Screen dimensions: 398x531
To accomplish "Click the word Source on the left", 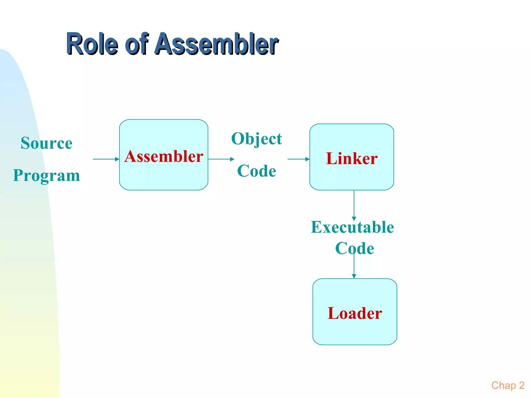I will [47, 143].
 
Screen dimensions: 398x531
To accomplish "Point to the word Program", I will [47, 175].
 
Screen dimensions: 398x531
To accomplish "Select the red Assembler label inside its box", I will [164, 156].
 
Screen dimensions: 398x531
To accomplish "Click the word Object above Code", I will [256, 139].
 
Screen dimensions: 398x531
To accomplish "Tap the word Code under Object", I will [256, 171].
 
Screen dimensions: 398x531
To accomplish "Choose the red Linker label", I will [352, 158].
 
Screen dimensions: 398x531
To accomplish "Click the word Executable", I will [352, 227].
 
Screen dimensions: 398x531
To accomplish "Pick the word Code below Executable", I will [354, 248].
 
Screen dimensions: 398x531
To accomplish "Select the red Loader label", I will [355, 313].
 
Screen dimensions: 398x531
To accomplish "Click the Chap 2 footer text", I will [508, 385].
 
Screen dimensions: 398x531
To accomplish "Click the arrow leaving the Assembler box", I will [221, 159].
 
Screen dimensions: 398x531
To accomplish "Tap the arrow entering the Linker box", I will [298, 159].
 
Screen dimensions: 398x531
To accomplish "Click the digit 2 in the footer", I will [522, 385].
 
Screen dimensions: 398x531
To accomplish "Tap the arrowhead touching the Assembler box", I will [117, 159].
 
